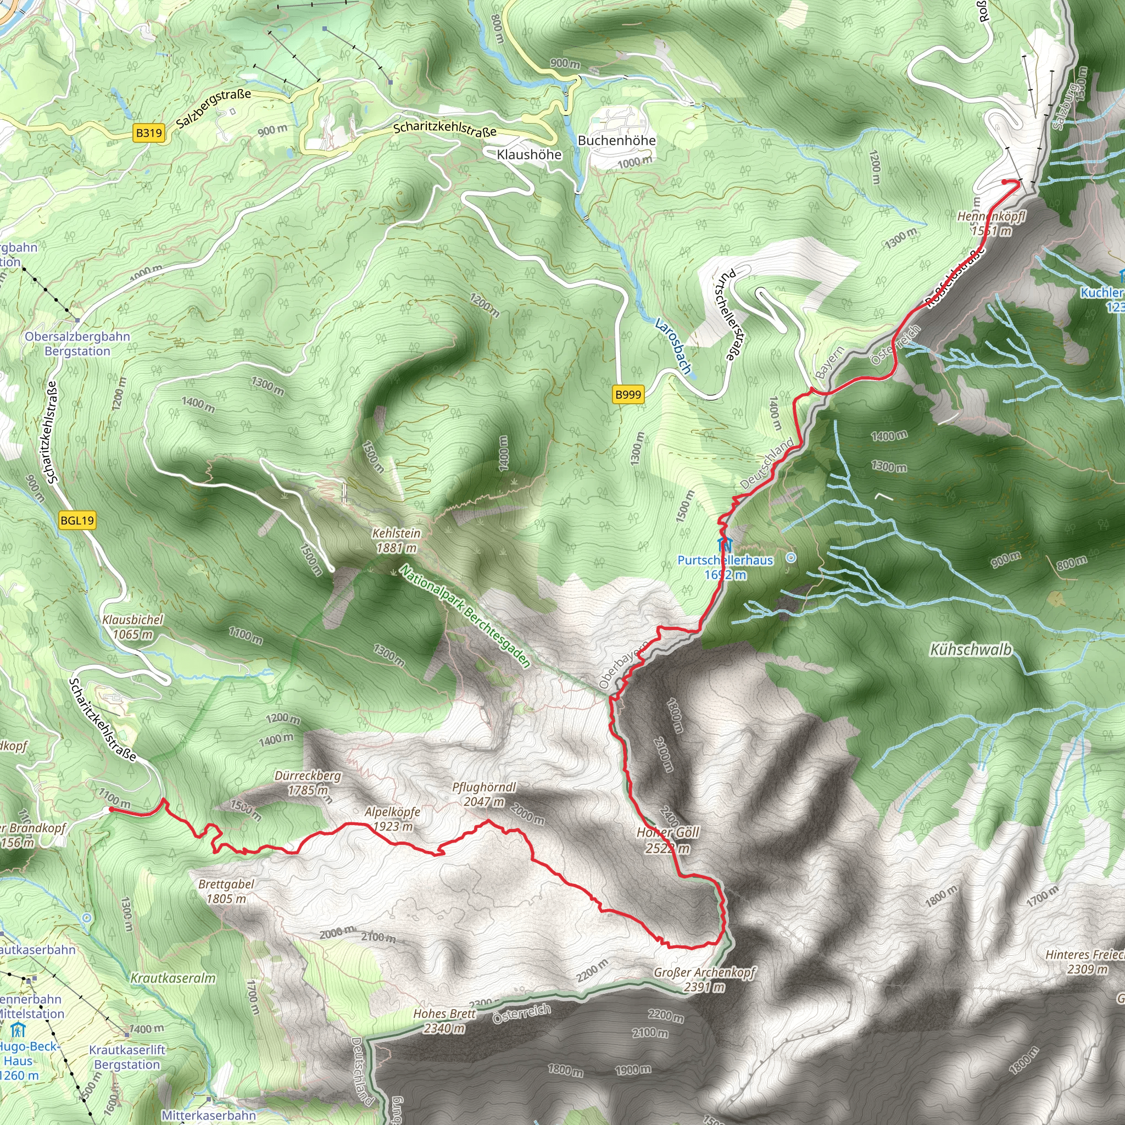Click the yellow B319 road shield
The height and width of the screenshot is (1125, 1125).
click(x=148, y=133)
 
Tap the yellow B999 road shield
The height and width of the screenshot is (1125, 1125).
click(x=628, y=394)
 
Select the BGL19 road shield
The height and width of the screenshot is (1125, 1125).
click(x=77, y=521)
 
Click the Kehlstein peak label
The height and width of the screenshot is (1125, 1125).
click(x=397, y=541)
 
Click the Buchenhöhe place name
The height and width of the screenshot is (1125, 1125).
click(x=617, y=140)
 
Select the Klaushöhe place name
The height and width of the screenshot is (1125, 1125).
click(x=529, y=154)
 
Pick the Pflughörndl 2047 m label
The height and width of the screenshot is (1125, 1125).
click(x=484, y=794)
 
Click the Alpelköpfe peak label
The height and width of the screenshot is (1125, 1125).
click(x=392, y=818)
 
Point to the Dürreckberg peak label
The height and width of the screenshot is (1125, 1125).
click(x=308, y=783)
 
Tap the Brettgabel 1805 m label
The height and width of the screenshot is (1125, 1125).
click(x=226, y=891)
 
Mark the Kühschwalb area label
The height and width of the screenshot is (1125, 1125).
click(x=971, y=650)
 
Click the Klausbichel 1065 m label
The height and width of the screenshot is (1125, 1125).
click(x=133, y=627)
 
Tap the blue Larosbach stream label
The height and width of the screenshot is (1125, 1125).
click(x=673, y=346)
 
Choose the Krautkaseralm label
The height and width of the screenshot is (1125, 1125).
click(x=173, y=978)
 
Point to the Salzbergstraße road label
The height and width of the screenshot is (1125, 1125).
click(x=214, y=108)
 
